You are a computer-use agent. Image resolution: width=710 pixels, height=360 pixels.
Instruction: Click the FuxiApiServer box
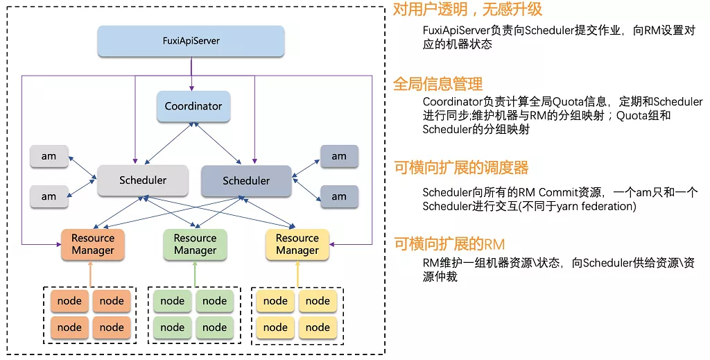191,41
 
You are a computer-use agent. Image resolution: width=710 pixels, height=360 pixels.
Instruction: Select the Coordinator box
193,106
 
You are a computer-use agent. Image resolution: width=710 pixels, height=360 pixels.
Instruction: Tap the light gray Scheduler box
143,180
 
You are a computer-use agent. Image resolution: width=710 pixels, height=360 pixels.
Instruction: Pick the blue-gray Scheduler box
246,180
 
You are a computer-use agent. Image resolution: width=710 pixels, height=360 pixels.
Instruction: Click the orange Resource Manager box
93,245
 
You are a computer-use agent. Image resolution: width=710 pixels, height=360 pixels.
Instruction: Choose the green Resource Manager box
195,245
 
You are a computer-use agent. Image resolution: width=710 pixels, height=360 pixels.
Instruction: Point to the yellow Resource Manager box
297,245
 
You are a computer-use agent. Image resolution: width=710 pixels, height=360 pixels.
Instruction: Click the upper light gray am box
49,156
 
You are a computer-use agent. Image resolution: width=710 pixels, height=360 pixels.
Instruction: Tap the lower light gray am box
49,196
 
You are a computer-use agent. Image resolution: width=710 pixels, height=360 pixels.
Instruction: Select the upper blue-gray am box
339,156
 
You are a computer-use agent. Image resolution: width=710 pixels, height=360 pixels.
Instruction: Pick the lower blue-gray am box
339,196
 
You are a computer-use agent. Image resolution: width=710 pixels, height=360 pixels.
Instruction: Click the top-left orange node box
69,301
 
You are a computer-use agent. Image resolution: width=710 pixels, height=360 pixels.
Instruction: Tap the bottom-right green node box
215,327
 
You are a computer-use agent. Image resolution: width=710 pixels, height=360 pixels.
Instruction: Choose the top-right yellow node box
318,301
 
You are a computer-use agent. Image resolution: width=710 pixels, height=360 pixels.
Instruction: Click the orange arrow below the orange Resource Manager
91,274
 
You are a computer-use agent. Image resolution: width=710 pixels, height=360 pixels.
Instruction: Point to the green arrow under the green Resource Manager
195,274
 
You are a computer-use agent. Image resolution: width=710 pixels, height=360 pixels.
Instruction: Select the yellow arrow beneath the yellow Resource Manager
297,274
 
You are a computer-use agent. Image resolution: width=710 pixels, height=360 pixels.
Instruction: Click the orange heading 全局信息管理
438,84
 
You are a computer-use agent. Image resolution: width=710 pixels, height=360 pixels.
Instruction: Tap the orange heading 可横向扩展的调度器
461,168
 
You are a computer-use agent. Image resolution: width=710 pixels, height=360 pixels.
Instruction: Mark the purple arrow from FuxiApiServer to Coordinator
191,74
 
